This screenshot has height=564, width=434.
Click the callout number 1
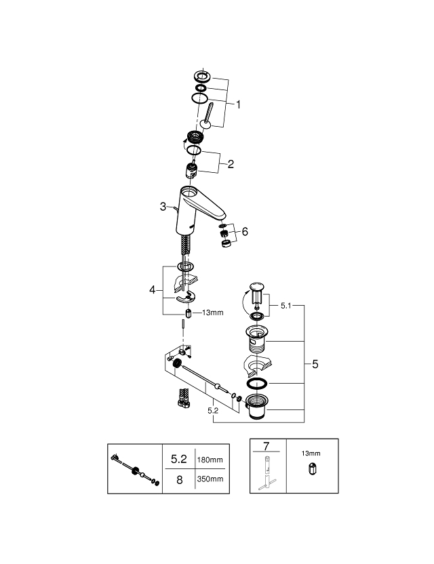pyautogui.click(x=238, y=104)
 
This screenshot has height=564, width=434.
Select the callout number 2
pyautogui.click(x=231, y=164)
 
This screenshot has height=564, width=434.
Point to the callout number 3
pyautogui.click(x=163, y=207)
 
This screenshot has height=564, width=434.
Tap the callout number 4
pyautogui.click(x=152, y=289)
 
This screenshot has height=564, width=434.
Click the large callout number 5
pyautogui.click(x=315, y=365)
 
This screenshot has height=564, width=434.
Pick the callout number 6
pyautogui.click(x=245, y=232)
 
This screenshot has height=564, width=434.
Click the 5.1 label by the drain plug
pyautogui.click(x=285, y=306)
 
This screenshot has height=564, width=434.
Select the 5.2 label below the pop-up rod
pyautogui.click(x=213, y=410)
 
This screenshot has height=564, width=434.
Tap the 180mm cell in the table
pyautogui.click(x=210, y=460)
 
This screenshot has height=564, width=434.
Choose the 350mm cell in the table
pyautogui.click(x=210, y=479)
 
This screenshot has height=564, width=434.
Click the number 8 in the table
pyautogui.click(x=179, y=480)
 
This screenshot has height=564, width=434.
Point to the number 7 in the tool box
pyautogui.click(x=267, y=446)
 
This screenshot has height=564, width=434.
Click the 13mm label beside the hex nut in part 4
pyautogui.click(x=213, y=313)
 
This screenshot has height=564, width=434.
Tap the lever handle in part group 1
pyautogui.click(x=208, y=115)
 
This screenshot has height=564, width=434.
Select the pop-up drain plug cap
pyautogui.click(x=257, y=287)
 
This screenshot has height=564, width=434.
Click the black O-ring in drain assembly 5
pyautogui.click(x=257, y=384)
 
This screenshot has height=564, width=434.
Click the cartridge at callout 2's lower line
pyautogui.click(x=191, y=171)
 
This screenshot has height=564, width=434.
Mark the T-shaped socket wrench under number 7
pyautogui.click(x=268, y=472)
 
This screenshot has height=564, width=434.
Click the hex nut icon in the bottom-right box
pyautogui.click(x=312, y=469)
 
